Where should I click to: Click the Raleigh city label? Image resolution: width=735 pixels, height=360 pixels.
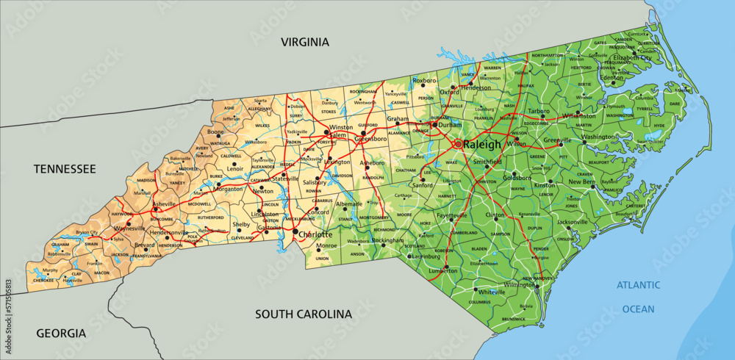click(x=483, y=145)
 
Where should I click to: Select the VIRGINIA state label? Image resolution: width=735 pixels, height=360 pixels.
click(x=305, y=43)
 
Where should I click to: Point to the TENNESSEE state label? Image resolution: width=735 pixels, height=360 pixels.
click(x=65, y=169)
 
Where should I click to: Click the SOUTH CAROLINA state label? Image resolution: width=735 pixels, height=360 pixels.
click(x=304, y=314)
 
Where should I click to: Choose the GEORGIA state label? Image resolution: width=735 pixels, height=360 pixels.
click(x=61, y=333)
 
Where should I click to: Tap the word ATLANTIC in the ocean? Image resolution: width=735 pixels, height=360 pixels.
click(x=638, y=285)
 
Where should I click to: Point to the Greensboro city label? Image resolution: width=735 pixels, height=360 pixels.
click(x=370, y=138)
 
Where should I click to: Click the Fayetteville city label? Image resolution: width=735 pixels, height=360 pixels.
click(x=452, y=215)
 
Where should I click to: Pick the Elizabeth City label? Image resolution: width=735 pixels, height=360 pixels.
click(x=632, y=57)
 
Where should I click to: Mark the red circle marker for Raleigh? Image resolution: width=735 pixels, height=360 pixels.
click(x=458, y=144)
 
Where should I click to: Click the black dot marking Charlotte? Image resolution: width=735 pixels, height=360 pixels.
click(x=295, y=232)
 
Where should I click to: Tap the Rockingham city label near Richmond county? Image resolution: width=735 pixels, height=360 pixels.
click(x=387, y=240)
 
